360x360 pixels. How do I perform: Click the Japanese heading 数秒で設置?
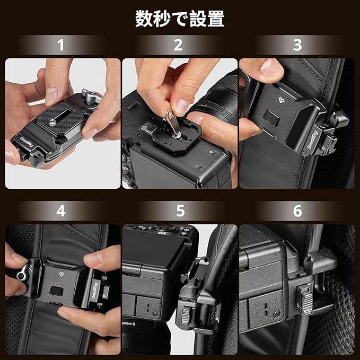[x=180, y=19]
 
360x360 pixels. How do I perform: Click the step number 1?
[x=60, y=45]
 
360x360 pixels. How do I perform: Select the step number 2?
[x=178, y=45]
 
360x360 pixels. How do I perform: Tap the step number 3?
[x=297, y=45]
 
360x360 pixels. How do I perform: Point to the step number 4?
[x=61, y=211]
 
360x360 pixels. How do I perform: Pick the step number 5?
[x=180, y=211]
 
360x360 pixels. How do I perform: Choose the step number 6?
[x=297, y=211]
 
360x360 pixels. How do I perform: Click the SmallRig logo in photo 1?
[x=27, y=142]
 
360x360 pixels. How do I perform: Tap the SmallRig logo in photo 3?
[x=312, y=140]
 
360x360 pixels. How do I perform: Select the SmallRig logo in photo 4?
[x=94, y=291]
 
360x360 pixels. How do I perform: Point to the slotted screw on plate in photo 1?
[x=52, y=123]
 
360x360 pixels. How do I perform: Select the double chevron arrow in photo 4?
[x=62, y=274]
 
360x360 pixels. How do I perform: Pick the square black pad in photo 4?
[x=57, y=291]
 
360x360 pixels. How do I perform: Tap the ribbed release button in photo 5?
[x=186, y=316]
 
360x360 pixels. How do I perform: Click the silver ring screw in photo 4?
[x=22, y=276]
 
